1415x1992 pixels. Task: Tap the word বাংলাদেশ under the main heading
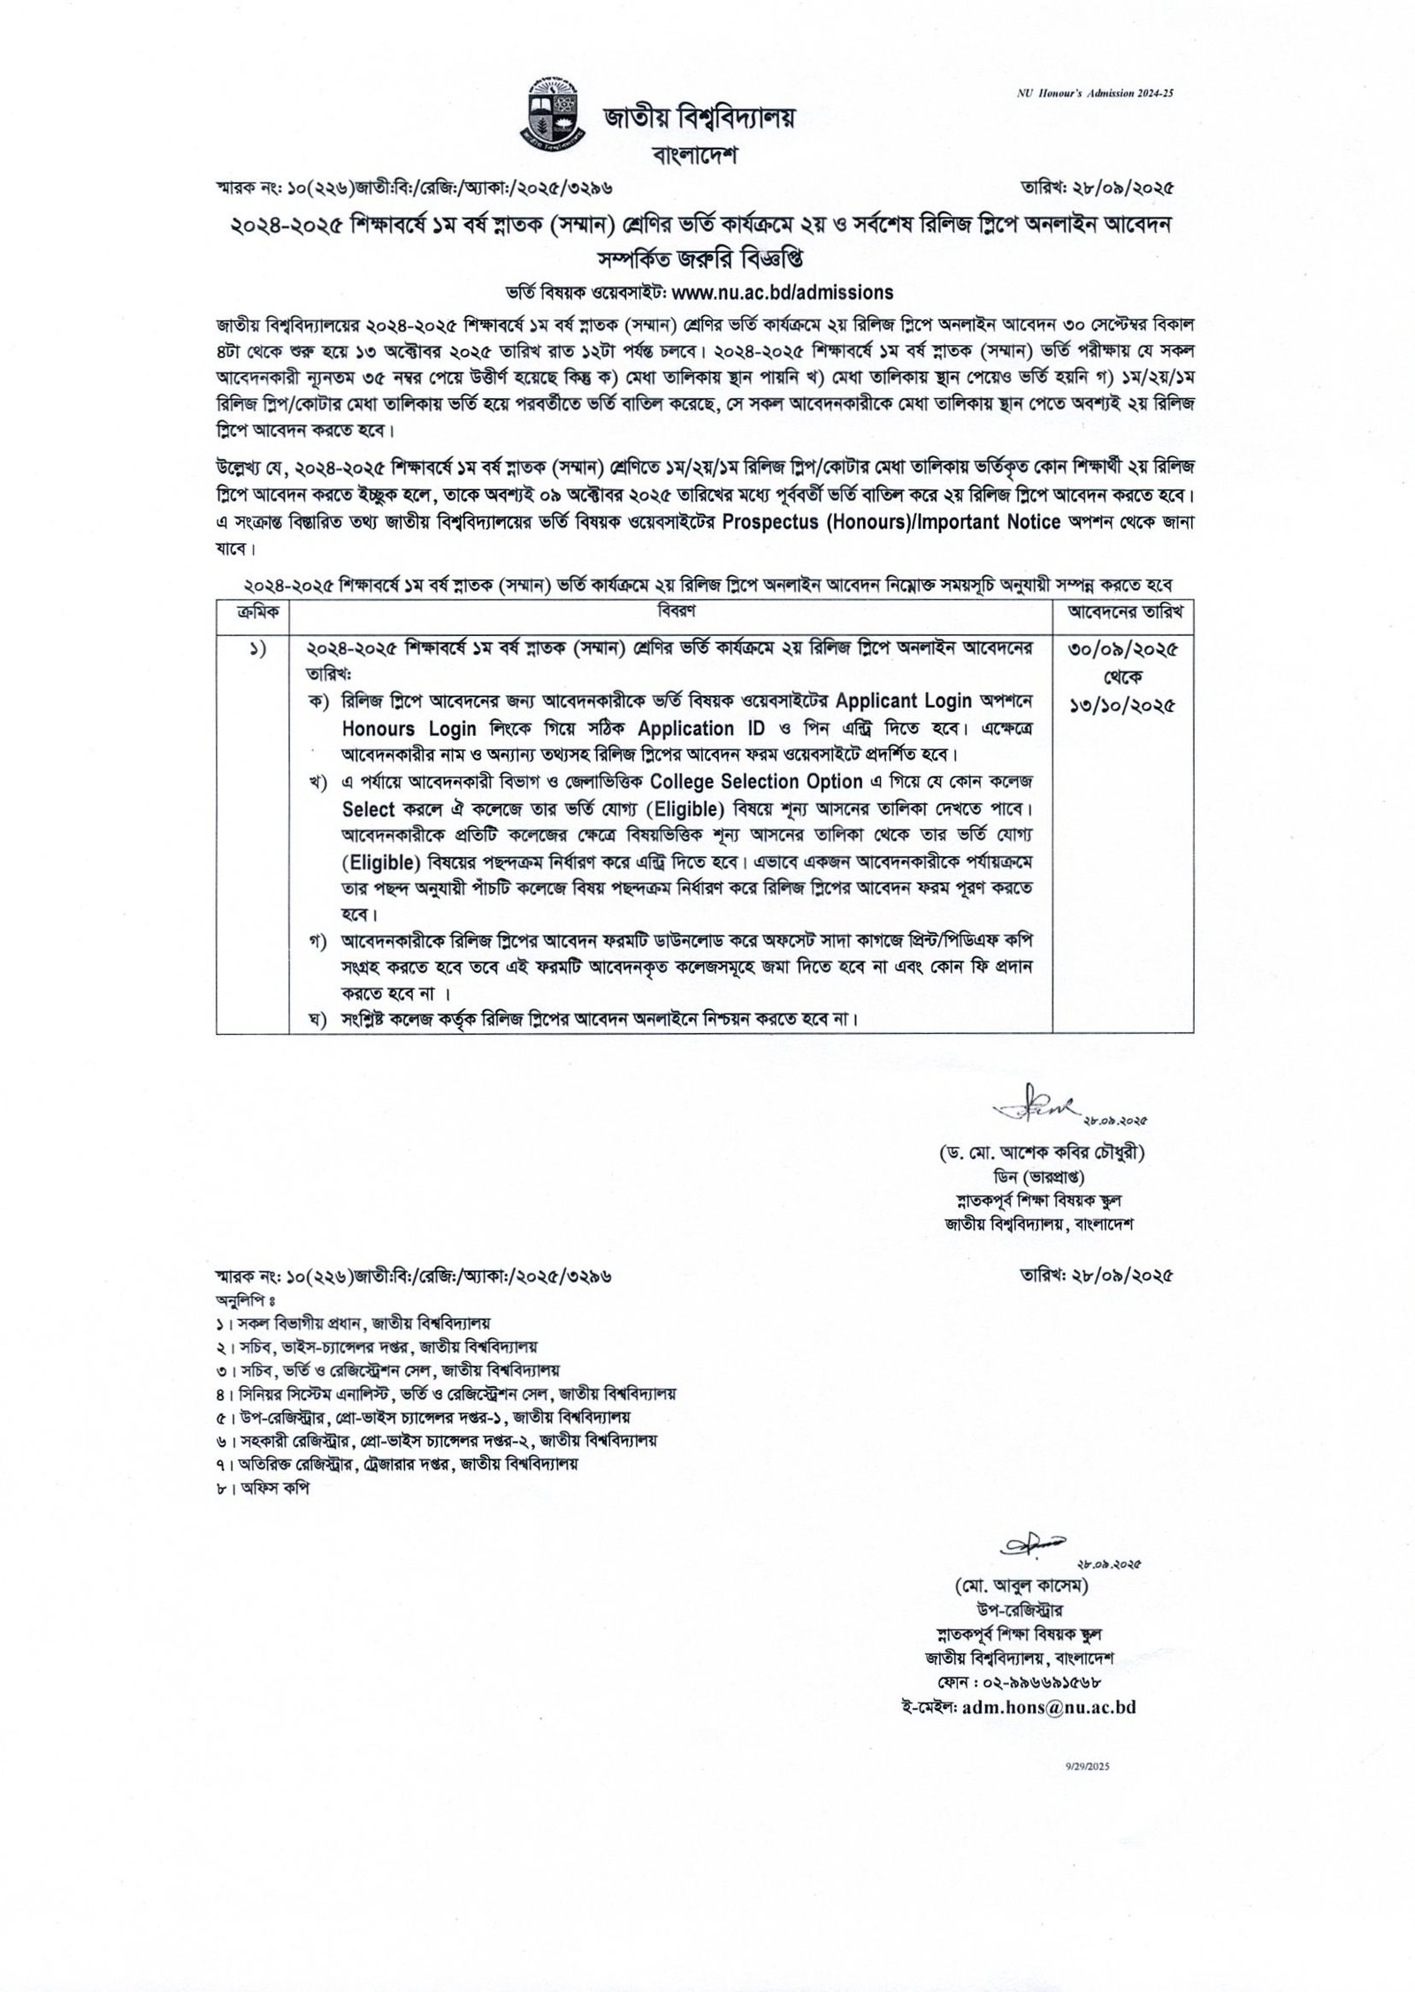(692, 157)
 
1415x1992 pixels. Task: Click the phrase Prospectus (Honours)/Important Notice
(891, 521)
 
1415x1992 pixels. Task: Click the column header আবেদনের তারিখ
(1121, 612)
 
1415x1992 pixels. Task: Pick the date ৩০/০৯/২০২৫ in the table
(1121, 648)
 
